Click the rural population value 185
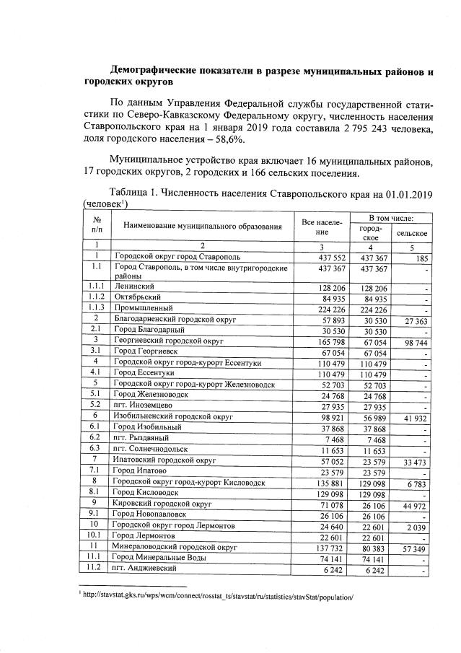pos(421,257)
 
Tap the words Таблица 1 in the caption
pos(137,193)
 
